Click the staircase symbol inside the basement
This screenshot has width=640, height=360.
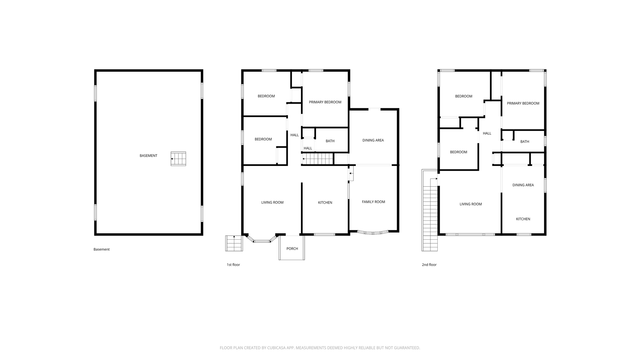(178, 159)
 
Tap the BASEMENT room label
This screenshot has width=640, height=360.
(148, 156)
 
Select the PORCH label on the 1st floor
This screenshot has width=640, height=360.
(292, 249)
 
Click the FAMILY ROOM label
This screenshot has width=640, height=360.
(373, 202)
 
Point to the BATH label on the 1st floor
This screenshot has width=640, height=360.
(330, 141)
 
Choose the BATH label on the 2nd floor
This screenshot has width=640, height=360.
(525, 142)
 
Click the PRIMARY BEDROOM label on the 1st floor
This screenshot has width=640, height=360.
(325, 102)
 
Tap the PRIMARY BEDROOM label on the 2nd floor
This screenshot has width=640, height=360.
(523, 103)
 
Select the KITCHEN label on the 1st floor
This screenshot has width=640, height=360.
(325, 203)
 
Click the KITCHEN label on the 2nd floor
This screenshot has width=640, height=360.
(523, 219)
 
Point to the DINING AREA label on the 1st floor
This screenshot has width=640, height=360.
(373, 140)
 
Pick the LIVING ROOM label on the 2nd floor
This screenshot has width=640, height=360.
(471, 204)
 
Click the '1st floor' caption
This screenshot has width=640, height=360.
(233, 265)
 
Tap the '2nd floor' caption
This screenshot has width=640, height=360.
(429, 265)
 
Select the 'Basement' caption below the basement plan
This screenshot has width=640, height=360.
(101, 249)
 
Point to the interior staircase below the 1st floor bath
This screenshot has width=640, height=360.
(318, 159)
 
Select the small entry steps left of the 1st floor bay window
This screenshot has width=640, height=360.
(234, 243)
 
